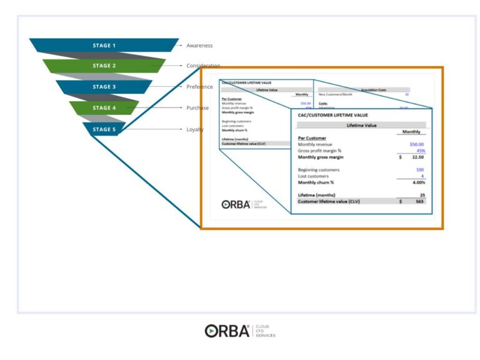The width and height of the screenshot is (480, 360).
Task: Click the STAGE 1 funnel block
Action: click(x=104, y=46)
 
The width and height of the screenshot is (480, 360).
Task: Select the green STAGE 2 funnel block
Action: click(x=104, y=66)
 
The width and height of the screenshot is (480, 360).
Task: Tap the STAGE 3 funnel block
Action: click(x=104, y=87)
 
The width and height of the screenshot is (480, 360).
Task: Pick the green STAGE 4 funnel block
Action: click(x=104, y=108)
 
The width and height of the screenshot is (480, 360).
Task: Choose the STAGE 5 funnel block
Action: click(x=104, y=129)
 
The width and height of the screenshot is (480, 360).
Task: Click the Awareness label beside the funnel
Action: click(x=199, y=46)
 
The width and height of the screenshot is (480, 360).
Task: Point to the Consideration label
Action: click(x=203, y=66)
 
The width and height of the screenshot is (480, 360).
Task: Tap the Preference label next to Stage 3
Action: click(x=199, y=87)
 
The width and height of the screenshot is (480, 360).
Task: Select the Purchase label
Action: click(x=197, y=108)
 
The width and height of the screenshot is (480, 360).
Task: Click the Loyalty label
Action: click(x=195, y=129)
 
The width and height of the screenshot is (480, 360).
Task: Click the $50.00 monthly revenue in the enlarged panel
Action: click(x=417, y=144)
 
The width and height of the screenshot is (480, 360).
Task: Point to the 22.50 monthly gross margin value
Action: click(x=417, y=157)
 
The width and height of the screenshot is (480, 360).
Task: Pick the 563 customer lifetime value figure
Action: click(x=420, y=201)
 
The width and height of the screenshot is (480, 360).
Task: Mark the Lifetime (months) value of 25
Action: click(x=422, y=195)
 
